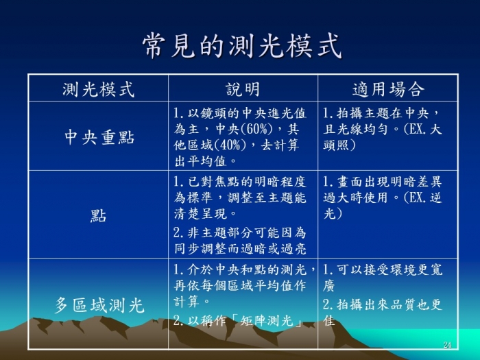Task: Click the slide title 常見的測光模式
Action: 242,46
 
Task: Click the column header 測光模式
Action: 99,89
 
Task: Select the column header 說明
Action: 243,89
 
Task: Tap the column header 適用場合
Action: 388,89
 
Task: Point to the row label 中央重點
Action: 99,137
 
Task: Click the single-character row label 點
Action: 98,216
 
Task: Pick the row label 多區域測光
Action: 99,305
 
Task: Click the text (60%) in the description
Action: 256,129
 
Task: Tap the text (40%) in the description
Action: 230,145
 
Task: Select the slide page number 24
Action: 447,345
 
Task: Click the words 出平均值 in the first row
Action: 200,161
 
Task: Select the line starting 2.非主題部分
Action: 240,233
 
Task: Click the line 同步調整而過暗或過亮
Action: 240,249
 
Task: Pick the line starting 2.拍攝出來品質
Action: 383,304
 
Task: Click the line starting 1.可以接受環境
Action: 383,269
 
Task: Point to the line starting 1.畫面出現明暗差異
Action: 383,182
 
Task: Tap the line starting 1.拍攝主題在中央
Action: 381,114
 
